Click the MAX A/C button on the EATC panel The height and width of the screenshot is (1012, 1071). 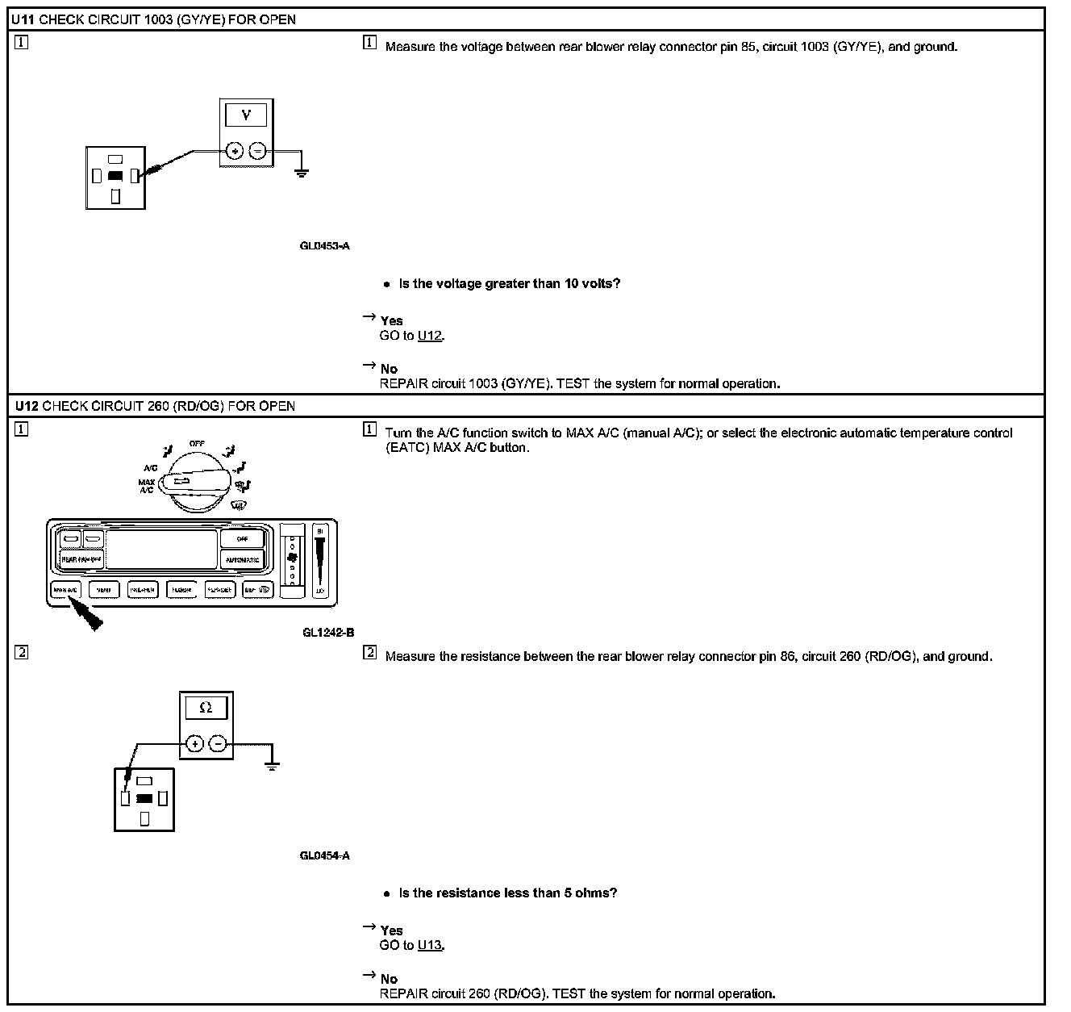click(x=65, y=590)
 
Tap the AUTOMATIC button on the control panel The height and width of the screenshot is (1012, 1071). click(x=243, y=559)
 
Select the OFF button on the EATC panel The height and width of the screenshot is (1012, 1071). click(x=243, y=538)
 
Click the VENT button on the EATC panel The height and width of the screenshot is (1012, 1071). click(x=104, y=590)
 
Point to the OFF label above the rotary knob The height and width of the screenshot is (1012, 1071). click(x=197, y=444)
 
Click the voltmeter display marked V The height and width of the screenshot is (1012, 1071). click(x=246, y=115)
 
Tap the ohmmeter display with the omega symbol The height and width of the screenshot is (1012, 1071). click(x=206, y=708)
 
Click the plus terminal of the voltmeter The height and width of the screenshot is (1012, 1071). click(x=234, y=151)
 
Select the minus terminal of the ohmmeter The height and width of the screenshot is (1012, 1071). click(x=218, y=743)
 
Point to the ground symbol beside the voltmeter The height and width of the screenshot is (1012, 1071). click(x=302, y=171)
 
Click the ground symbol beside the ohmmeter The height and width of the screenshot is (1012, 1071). click(x=272, y=764)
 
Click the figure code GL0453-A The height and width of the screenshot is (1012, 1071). click(x=325, y=246)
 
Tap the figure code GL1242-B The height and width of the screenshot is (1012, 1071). click(x=328, y=633)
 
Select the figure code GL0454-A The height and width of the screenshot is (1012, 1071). click(x=325, y=855)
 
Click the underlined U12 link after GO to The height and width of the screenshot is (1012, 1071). click(x=430, y=336)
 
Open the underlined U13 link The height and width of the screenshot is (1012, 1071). click(x=430, y=945)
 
